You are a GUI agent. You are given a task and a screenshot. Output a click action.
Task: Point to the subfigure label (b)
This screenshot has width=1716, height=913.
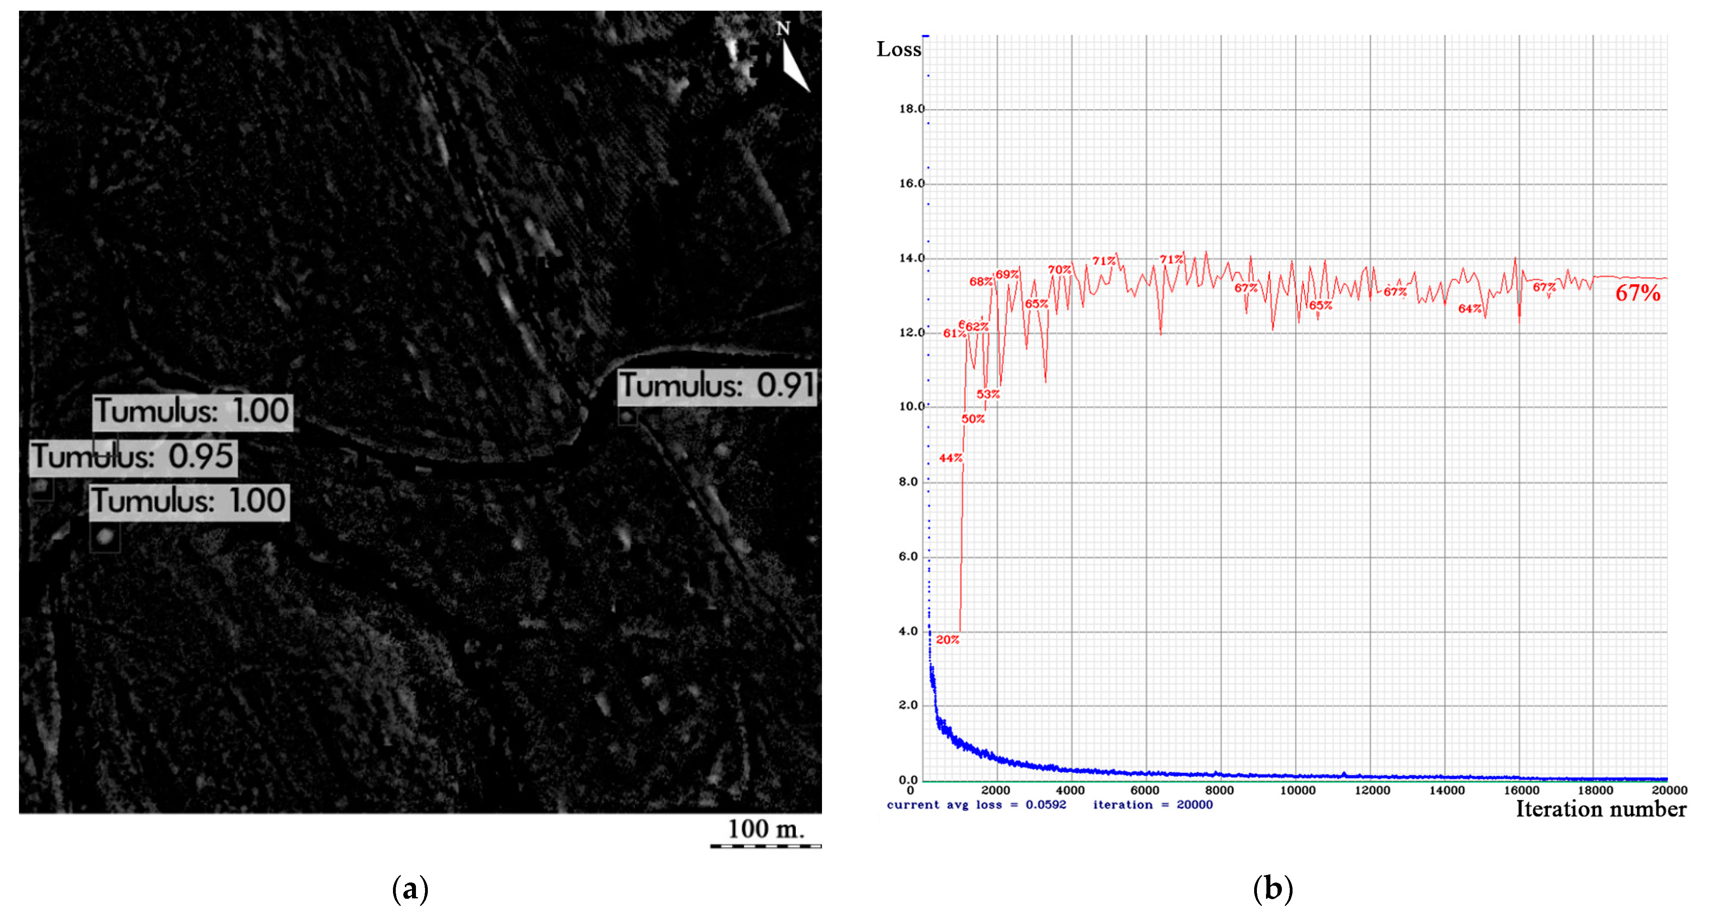1272,888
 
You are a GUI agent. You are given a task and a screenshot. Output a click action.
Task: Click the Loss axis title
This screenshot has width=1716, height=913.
899,49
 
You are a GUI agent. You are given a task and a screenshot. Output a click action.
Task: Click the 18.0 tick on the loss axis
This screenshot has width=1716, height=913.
911,108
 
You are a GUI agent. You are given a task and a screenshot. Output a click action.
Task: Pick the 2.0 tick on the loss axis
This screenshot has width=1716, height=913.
909,705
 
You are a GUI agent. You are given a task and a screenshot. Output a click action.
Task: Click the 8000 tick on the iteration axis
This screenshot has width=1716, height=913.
1220,790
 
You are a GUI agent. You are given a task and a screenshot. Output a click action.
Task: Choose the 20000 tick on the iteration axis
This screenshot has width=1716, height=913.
1669,790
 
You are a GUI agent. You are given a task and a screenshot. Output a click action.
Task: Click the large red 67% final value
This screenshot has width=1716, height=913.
1637,293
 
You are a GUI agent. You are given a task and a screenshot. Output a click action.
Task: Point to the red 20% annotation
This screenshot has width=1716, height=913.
947,640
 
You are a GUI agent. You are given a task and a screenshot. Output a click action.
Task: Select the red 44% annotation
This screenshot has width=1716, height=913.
951,458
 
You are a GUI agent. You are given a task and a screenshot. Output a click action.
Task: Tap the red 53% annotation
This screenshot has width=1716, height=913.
988,394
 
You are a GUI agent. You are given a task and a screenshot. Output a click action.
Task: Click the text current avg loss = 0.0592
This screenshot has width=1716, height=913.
976,805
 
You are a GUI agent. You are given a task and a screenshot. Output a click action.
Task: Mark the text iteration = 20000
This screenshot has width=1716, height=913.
1152,805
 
